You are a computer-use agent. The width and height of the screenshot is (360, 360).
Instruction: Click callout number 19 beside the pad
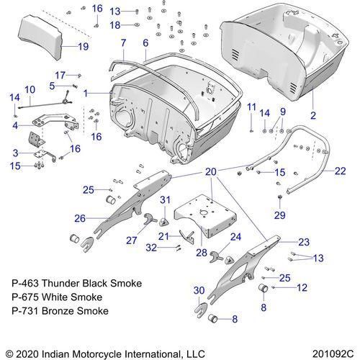pyautogui.click(x=84, y=46)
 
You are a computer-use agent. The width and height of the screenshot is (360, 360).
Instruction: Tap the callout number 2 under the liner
pyautogui.click(x=313, y=115)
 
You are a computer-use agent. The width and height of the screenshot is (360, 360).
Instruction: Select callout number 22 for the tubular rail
pyautogui.click(x=340, y=171)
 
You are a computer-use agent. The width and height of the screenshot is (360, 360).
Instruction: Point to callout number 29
pyautogui.click(x=279, y=215)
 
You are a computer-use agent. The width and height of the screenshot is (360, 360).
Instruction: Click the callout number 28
pyautogui.click(x=202, y=253)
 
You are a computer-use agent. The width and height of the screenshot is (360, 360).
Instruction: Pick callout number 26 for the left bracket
pyautogui.click(x=80, y=218)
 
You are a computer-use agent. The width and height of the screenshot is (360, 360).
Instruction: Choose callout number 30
pyautogui.click(x=199, y=290)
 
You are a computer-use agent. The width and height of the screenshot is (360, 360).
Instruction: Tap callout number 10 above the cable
pyautogui.click(x=30, y=90)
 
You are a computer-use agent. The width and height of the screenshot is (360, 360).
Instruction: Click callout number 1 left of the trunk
pyautogui.click(x=86, y=94)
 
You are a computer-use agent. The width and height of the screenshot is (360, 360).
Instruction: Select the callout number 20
pyautogui.click(x=211, y=172)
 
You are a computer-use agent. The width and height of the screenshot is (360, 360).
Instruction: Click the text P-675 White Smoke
pyautogui.click(x=57, y=297)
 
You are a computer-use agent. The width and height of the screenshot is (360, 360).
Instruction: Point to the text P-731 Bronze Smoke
pyautogui.click(x=60, y=311)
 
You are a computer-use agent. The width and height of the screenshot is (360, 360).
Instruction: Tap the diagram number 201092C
pyautogui.click(x=333, y=354)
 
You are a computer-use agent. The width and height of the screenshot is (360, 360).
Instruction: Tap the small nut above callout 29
pyautogui.click(x=279, y=197)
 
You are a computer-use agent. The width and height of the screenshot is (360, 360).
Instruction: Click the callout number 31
pyautogui.click(x=165, y=200)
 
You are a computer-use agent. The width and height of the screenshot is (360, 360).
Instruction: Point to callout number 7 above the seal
pyautogui.click(x=123, y=43)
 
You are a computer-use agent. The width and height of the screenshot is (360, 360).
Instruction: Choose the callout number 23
pyautogui.click(x=304, y=242)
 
